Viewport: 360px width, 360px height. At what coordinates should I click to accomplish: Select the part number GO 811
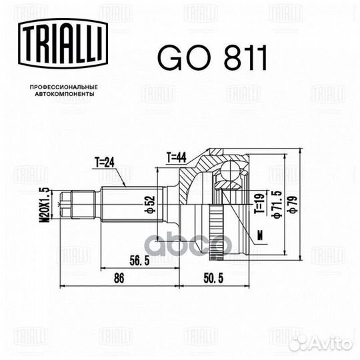[x=212, y=60]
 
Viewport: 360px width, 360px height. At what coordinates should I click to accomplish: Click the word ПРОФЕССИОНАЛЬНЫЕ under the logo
[x=64, y=88]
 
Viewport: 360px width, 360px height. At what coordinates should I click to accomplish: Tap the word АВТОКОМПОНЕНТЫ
[x=64, y=95]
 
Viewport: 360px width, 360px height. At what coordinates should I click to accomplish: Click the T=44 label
[x=176, y=157]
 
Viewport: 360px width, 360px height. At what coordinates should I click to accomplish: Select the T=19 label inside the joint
[x=256, y=200]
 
